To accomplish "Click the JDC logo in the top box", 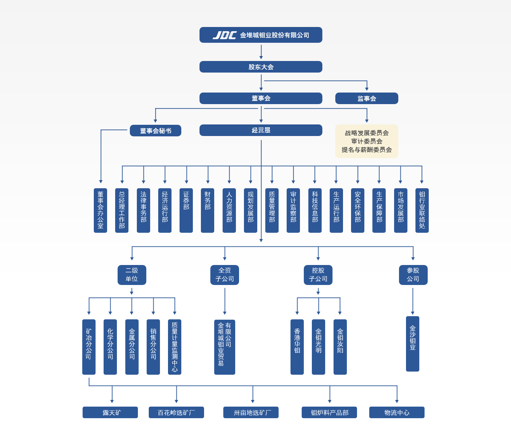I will coord(224,35).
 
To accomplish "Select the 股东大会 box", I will coord(261,67).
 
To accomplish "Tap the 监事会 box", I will coord(366,98).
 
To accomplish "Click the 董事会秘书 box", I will coord(155,131).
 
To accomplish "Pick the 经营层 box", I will coord(261,130).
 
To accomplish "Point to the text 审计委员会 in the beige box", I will coord(366,141).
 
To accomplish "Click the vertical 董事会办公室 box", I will coord(100,210).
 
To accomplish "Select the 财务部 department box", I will coord(208,210).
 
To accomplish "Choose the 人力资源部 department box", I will coord(229,210).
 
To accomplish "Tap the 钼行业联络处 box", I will coord(422,210).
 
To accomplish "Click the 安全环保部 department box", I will coord(357,210).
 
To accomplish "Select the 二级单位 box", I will coord(132,275).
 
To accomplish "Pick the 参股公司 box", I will coord(413,275).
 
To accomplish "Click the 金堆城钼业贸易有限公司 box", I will coord(225,347).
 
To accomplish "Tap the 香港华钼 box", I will coord(297,347).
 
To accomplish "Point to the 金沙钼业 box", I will coord(413,344).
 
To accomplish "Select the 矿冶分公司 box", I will coord(89,347).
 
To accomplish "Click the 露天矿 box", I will coord(110,413).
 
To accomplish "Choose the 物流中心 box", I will coord(397,413).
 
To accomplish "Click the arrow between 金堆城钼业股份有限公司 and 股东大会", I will coord(261,52).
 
